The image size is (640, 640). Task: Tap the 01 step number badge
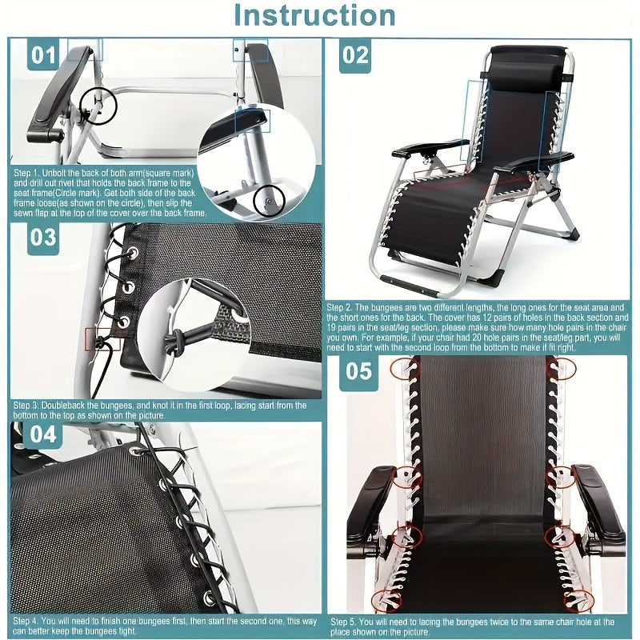pyautogui.click(x=44, y=56)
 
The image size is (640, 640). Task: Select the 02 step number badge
pyautogui.click(x=355, y=55)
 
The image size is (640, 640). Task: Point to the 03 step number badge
pyautogui.click(x=43, y=238)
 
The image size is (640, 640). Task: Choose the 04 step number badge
pyautogui.click(x=43, y=434)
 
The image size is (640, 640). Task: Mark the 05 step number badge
pyautogui.click(x=359, y=372)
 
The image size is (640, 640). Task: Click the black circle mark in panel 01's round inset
pyautogui.click(x=268, y=201)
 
